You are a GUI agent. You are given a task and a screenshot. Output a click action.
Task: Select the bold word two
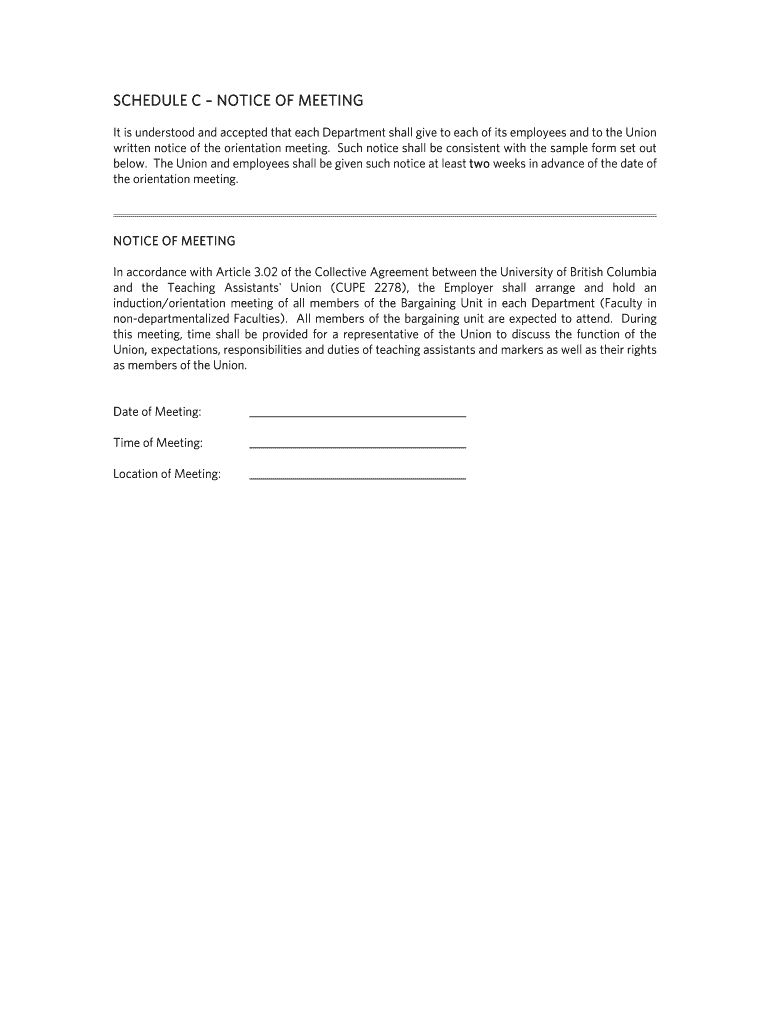click(480, 164)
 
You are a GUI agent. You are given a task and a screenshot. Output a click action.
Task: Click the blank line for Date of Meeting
click(357, 414)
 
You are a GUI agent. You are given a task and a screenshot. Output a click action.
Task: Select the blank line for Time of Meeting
click(357, 445)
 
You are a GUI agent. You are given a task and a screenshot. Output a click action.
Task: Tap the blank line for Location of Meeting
click(357, 477)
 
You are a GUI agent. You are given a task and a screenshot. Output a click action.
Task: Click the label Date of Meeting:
click(157, 412)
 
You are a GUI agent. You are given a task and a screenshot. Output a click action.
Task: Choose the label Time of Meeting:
click(158, 443)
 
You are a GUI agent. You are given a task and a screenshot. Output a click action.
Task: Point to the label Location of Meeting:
click(167, 474)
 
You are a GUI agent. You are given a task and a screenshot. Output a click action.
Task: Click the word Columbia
click(630, 272)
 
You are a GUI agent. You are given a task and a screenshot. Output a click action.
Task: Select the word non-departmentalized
click(174, 319)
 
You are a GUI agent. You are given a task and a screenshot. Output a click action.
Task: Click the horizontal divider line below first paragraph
click(384, 215)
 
